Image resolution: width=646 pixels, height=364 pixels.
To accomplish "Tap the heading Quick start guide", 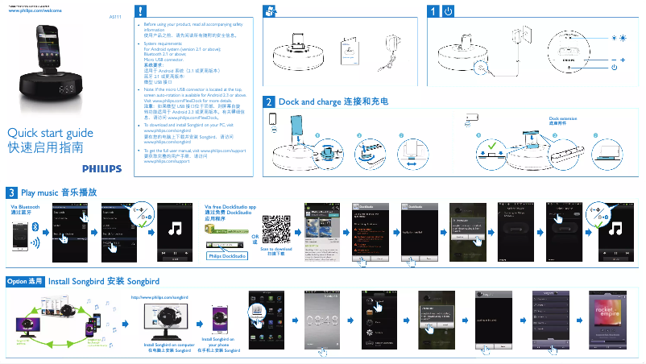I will pos(44,133).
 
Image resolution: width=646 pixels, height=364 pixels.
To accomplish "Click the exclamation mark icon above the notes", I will pos(141,11).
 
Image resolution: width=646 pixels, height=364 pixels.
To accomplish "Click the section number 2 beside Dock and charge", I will pos(269,102).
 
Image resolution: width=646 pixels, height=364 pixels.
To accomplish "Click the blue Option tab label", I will pos(24,281).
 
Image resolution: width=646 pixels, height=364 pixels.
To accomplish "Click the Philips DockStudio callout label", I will pos(226,256).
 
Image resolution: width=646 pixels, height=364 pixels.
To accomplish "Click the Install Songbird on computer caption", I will pos(168,348).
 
